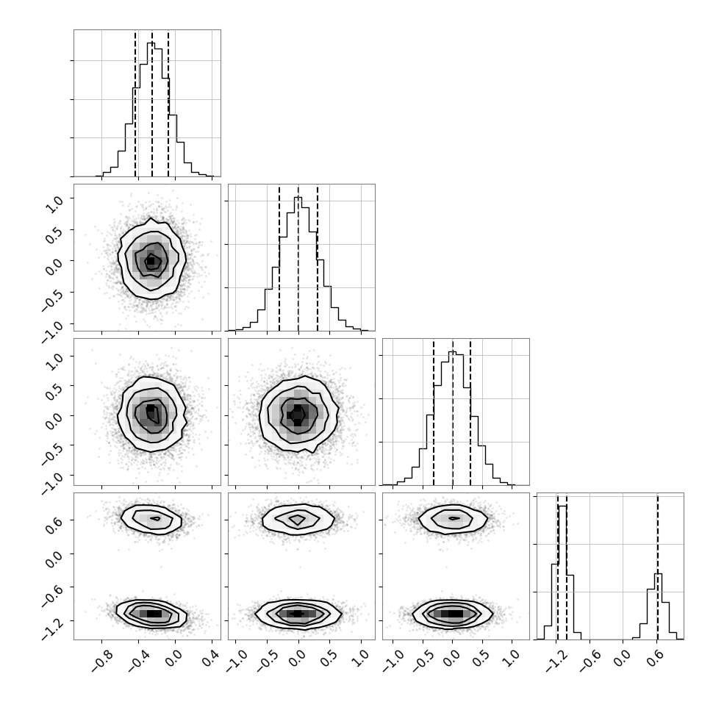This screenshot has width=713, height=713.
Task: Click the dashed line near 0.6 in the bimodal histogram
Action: coord(658,566)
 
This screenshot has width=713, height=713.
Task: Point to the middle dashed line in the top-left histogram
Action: coord(152,103)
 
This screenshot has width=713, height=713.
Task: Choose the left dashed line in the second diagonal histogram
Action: coord(279,257)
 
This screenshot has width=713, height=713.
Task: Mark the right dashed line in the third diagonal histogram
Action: coord(470,412)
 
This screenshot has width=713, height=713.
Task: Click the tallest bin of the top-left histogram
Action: coord(151,109)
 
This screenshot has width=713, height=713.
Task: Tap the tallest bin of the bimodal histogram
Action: coord(562,573)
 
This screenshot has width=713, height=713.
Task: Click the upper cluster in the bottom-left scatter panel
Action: coord(151,519)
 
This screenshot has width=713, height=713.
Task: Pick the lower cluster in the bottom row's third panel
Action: coord(453,614)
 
